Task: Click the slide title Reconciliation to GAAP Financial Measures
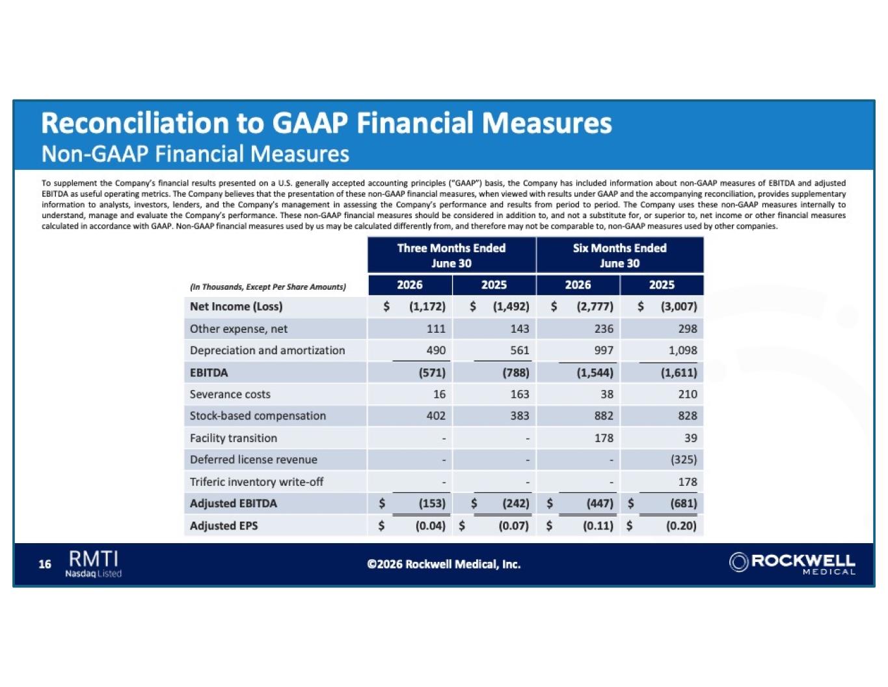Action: pyautogui.click(x=327, y=123)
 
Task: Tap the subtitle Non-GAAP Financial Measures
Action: pyautogui.click(x=195, y=154)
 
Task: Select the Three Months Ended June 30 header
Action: pyautogui.click(x=451, y=255)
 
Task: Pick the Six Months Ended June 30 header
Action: pyautogui.click(x=619, y=255)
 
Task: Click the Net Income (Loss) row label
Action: pyautogui.click(x=236, y=306)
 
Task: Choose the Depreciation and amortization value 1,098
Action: pyautogui.click(x=682, y=350)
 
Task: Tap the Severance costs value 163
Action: pyautogui.click(x=520, y=394)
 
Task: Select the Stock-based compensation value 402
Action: pyautogui.click(x=436, y=416)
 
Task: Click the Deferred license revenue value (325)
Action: pyautogui.click(x=683, y=460)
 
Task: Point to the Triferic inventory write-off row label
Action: pyautogui.click(x=256, y=482)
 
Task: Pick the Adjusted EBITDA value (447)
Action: pyautogui.click(x=600, y=503)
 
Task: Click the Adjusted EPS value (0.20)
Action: pyautogui.click(x=681, y=526)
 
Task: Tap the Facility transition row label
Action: pyautogui.click(x=234, y=438)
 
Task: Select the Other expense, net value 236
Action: pyautogui.click(x=604, y=329)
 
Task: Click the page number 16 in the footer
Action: pyautogui.click(x=44, y=565)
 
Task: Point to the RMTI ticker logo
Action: pyautogui.click(x=94, y=563)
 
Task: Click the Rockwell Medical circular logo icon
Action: pyautogui.click(x=738, y=562)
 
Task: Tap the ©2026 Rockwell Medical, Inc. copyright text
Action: pyautogui.click(x=444, y=565)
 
